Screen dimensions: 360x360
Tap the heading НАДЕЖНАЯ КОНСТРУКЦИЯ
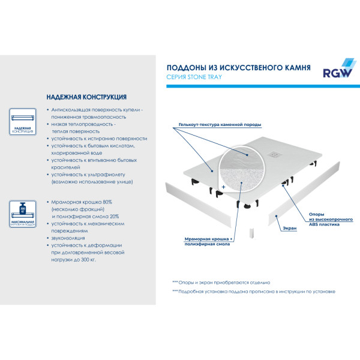tap(86, 97)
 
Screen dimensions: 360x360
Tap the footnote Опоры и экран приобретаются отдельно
tap(223, 282)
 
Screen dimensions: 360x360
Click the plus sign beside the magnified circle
tap(223, 187)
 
